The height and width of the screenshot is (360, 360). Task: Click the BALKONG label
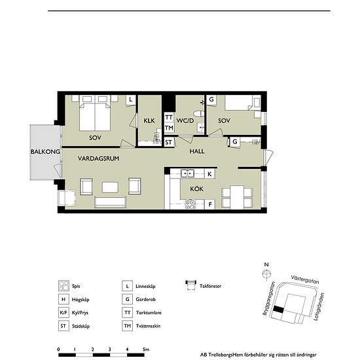(x=45, y=152)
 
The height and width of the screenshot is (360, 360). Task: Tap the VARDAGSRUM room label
(x=98, y=158)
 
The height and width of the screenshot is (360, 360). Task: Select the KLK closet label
(x=149, y=120)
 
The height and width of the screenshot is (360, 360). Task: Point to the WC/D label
(x=185, y=120)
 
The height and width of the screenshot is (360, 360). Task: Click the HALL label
(x=197, y=151)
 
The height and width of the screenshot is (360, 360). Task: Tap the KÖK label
(x=197, y=189)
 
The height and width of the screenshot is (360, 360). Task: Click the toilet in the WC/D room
(x=198, y=113)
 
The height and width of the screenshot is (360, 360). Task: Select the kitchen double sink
(x=188, y=173)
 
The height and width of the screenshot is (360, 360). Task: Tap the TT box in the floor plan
(x=169, y=118)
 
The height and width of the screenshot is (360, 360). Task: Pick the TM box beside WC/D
(x=169, y=128)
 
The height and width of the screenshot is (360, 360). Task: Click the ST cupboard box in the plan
(x=168, y=142)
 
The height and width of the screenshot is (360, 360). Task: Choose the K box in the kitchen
(x=209, y=174)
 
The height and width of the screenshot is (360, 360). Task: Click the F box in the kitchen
(x=210, y=204)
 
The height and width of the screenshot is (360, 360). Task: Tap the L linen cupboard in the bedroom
(x=131, y=100)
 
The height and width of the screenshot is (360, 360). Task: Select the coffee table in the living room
(x=110, y=187)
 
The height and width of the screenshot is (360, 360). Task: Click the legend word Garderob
(x=145, y=299)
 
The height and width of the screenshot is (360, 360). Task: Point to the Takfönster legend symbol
(x=190, y=285)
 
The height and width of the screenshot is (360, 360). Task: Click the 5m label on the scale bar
(x=146, y=350)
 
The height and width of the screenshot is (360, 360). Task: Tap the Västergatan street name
(x=305, y=279)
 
